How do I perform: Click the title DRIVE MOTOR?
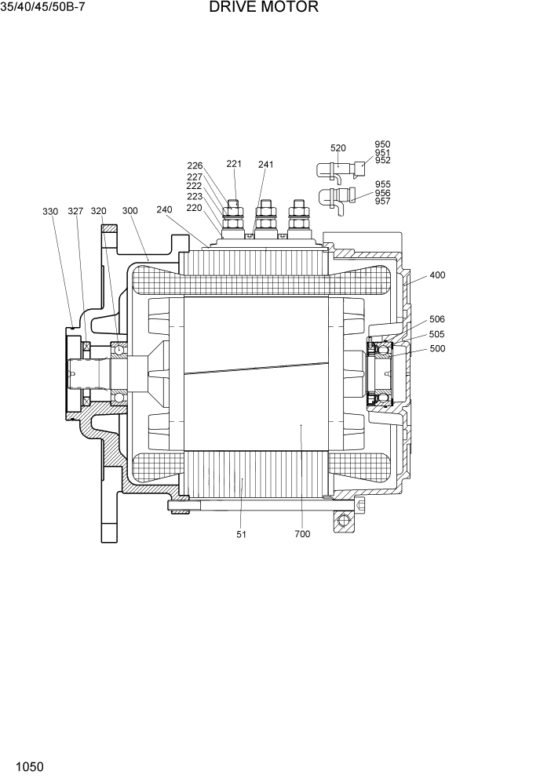264,8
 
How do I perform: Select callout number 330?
50,212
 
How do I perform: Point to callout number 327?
75,212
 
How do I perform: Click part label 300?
130,211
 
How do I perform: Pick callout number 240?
164,209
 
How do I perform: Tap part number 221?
234,164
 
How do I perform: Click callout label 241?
266,165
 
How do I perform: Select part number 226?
195,165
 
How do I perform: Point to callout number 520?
338,148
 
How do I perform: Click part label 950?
382,144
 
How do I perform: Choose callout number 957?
382,202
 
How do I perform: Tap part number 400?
437,276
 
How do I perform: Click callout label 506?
437,319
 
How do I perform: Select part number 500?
437,349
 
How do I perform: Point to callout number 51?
241,534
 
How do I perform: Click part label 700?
302,534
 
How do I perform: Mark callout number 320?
98,212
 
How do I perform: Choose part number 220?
194,208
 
